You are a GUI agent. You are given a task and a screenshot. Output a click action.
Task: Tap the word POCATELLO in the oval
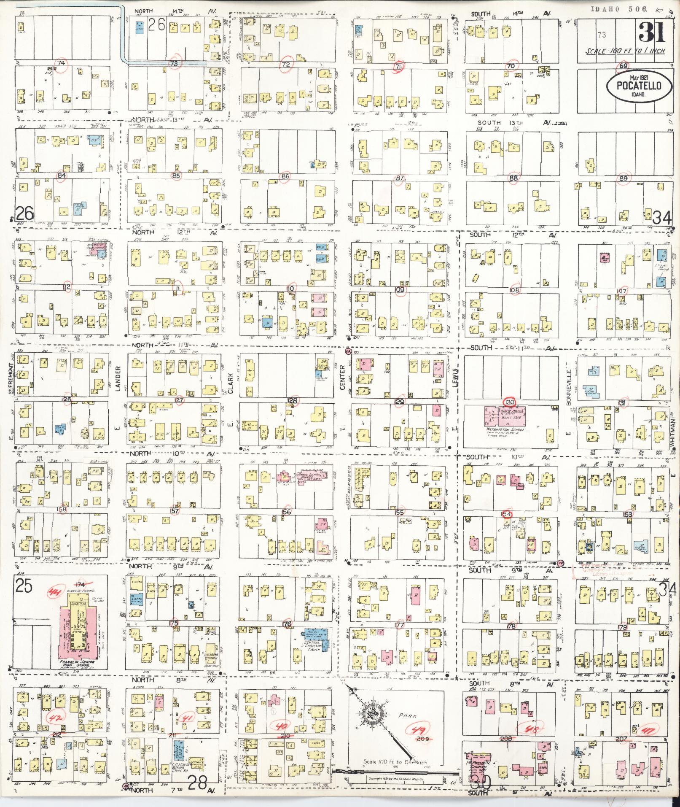[x=634, y=86]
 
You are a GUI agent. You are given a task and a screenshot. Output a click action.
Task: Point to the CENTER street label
[x=343, y=375]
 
